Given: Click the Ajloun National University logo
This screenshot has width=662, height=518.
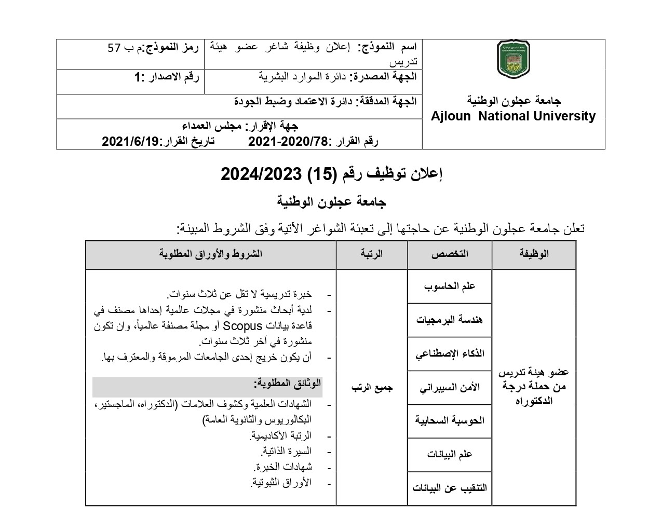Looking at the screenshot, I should [514, 60].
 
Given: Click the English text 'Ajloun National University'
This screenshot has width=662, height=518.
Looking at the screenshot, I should [514, 116].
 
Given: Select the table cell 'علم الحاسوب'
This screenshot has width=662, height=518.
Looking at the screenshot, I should [450, 286].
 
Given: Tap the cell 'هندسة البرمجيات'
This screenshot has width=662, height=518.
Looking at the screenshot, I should [450, 320].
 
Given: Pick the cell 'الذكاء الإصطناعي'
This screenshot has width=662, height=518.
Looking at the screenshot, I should [450, 353].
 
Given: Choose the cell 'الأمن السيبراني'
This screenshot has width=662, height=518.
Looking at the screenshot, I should [450, 387].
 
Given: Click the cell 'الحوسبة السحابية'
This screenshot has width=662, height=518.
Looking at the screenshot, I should [450, 420].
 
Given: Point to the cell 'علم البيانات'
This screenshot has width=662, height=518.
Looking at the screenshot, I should [450, 454].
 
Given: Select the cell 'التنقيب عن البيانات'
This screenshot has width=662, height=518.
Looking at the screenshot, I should [450, 488].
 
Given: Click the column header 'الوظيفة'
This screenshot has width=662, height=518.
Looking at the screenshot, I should [534, 254].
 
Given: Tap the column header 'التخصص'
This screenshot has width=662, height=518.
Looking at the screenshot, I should [450, 254].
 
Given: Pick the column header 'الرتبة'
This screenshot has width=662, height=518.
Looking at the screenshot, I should [372, 254].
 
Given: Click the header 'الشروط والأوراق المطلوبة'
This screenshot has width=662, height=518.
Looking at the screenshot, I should [211, 254].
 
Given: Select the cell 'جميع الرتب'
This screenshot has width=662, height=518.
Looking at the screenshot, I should [372, 387].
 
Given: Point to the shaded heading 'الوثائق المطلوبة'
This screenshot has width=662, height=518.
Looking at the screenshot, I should [288, 384].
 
